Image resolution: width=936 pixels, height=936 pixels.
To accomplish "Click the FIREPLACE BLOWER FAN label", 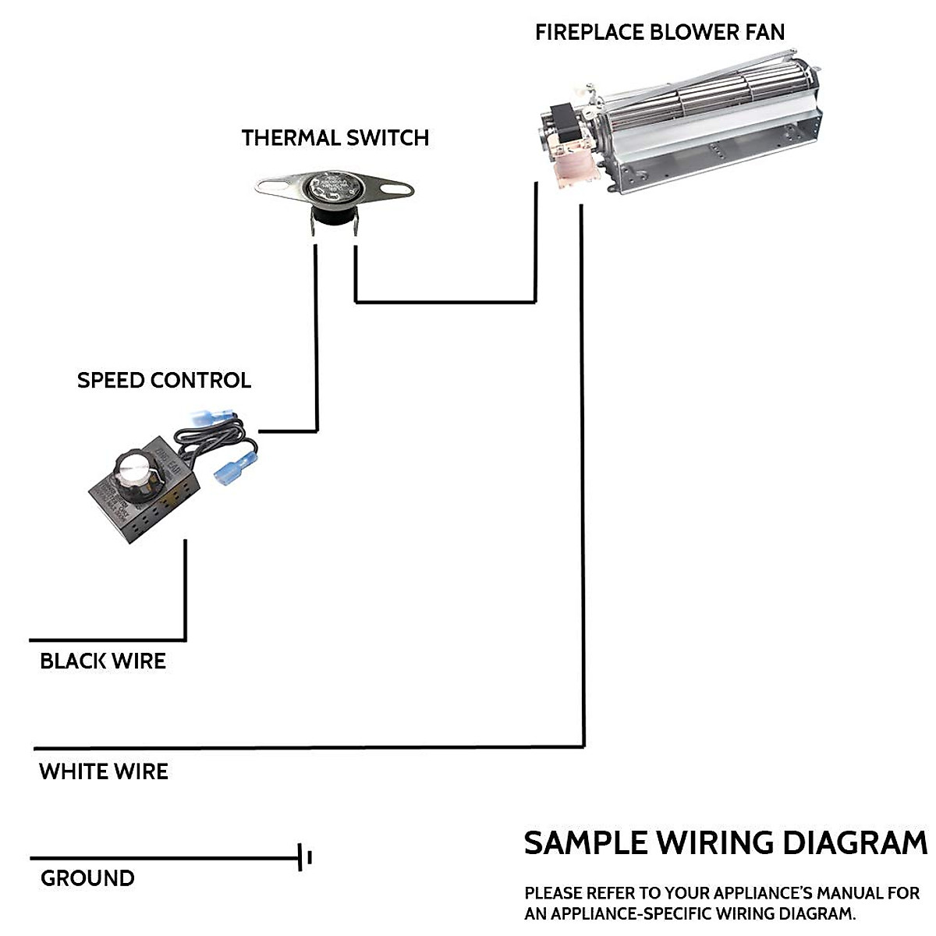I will pyautogui.click(x=659, y=32).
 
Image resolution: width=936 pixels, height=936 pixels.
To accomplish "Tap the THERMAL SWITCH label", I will pyautogui.click(x=335, y=138).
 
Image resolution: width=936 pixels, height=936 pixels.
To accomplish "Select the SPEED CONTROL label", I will pyautogui.click(x=164, y=381).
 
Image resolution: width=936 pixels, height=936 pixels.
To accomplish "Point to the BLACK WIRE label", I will pyautogui.click(x=103, y=661).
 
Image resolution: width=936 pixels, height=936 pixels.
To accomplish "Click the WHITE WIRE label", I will pyautogui.click(x=104, y=772).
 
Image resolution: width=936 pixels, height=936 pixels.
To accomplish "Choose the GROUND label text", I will pyautogui.click(x=87, y=878).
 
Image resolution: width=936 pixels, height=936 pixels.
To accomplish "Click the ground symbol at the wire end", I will pyautogui.click(x=304, y=858).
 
